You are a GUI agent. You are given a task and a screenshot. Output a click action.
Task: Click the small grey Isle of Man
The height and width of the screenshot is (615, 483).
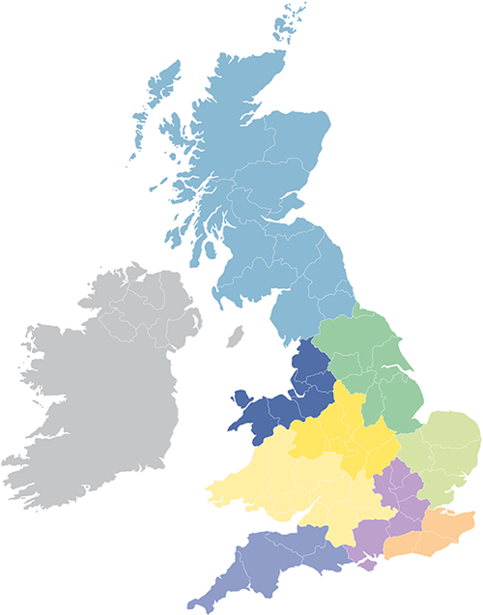(234, 338)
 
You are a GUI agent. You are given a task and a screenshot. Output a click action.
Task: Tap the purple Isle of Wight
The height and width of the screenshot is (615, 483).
(364, 563)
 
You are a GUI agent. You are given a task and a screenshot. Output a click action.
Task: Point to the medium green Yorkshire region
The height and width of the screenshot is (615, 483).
(372, 358)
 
